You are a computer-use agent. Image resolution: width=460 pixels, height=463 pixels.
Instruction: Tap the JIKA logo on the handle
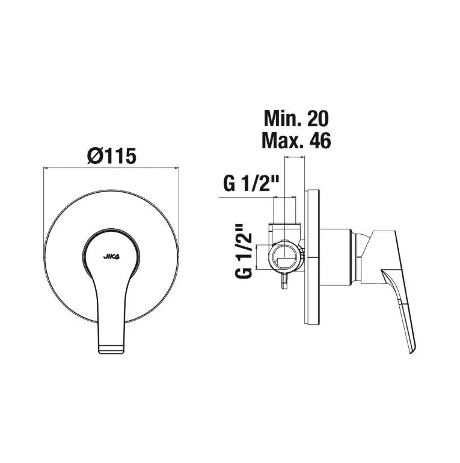pos(111,256)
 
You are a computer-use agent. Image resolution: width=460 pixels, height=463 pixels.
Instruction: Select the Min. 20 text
pos(296,118)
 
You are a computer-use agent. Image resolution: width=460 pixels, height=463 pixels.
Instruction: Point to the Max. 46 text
pos(296,141)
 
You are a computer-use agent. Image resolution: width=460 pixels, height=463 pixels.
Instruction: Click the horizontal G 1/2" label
pos(251,183)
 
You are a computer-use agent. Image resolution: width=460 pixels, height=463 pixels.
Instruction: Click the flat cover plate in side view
pos(312,257)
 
